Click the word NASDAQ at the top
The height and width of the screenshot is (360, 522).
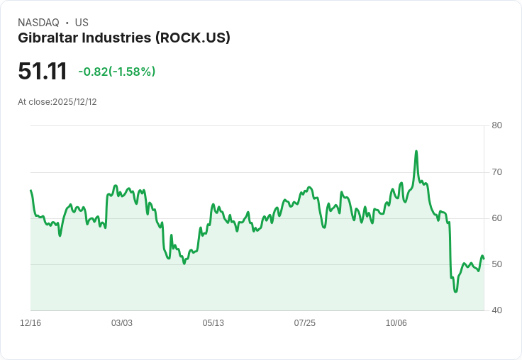[38, 23]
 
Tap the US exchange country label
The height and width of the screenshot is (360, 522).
[82, 23]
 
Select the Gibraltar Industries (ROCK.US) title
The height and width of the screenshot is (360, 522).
[124, 38]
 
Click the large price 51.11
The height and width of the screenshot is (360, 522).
[43, 71]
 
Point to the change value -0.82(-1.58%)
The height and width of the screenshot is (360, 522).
[117, 72]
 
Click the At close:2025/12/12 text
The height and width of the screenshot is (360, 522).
[57, 102]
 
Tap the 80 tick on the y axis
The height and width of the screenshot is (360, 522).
[497, 125]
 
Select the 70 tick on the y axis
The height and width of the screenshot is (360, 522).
[497, 171]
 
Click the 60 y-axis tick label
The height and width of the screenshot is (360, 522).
[497, 218]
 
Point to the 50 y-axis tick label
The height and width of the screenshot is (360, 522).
[497, 264]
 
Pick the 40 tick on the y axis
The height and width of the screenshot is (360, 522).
[497, 310]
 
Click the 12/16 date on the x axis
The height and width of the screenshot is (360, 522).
[30, 323]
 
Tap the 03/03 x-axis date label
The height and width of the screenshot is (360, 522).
[122, 323]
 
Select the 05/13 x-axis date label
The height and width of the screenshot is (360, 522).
[213, 323]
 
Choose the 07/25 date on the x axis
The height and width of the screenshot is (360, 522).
[305, 323]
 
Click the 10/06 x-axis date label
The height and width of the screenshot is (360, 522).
[396, 323]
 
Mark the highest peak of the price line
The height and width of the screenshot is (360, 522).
[416, 151]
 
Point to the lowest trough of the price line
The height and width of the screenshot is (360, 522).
[455, 291]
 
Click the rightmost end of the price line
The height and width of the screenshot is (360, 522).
[484, 258]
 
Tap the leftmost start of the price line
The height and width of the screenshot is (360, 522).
[30, 190]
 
